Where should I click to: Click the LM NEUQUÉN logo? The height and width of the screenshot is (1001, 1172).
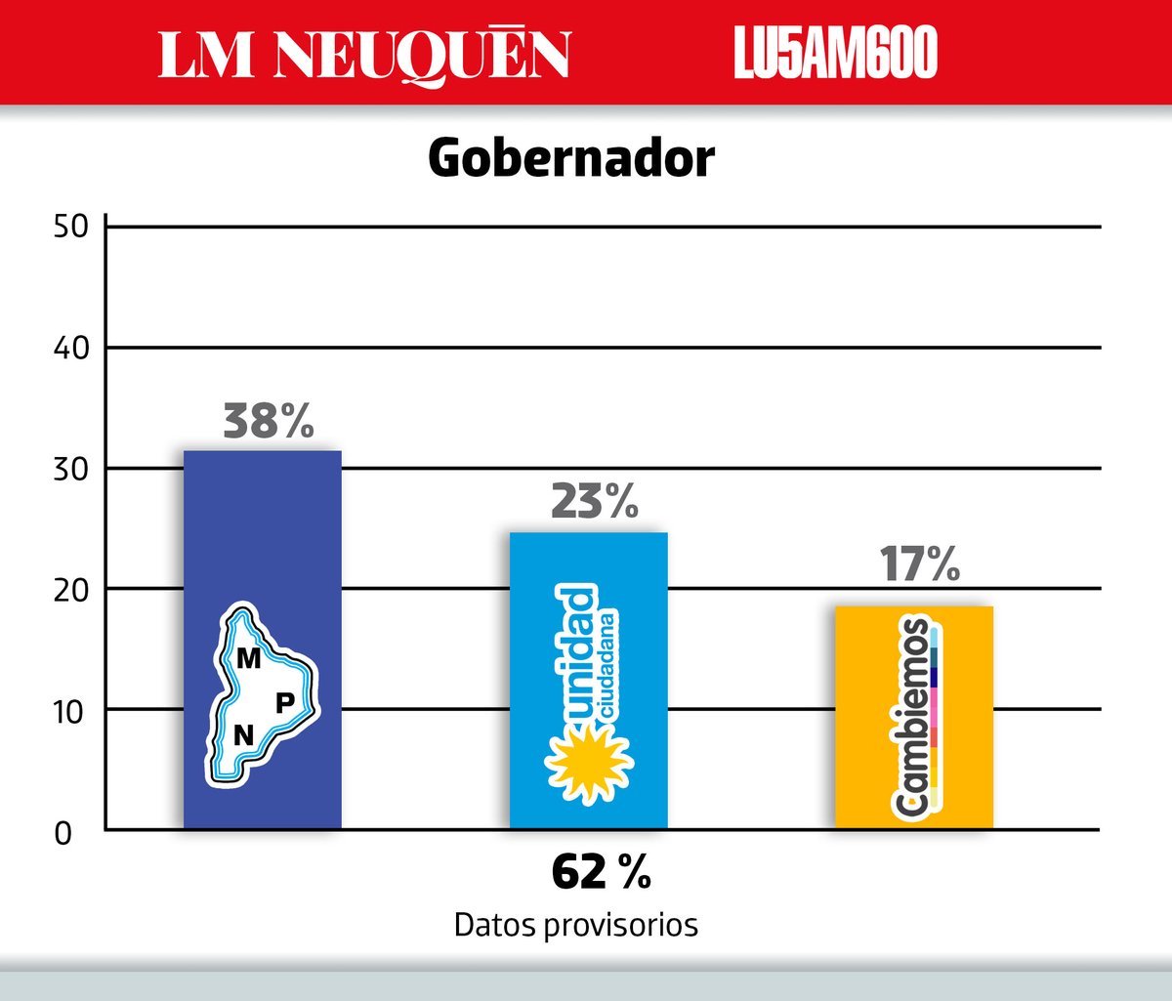[x=364, y=56]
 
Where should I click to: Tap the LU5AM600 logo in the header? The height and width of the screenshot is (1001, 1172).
[x=835, y=53]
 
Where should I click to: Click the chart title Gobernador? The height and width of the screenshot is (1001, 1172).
[x=571, y=159]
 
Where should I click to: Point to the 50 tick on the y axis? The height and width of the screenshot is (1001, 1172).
[x=71, y=228]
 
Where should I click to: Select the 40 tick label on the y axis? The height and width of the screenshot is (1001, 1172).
[x=71, y=348]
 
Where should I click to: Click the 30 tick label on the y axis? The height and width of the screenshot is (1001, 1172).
[x=71, y=470]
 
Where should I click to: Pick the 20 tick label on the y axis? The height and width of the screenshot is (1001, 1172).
[x=71, y=591]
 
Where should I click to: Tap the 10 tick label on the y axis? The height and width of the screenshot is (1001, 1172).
[x=69, y=712]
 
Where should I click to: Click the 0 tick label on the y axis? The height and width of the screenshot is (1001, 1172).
[x=63, y=834]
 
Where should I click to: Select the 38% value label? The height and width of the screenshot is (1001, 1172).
[x=269, y=421]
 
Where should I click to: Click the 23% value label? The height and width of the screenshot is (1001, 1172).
[x=595, y=501]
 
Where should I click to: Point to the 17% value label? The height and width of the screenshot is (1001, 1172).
[x=920, y=564]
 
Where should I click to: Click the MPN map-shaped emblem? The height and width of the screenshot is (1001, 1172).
[x=263, y=695]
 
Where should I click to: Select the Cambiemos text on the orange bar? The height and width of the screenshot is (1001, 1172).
[x=909, y=718]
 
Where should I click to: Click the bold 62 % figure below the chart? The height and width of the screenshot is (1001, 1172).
[x=601, y=873]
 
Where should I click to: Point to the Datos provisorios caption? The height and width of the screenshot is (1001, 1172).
[x=576, y=926]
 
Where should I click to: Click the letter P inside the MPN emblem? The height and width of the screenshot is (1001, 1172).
[x=285, y=703]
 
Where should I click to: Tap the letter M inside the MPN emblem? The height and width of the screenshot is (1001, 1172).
[x=248, y=658]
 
